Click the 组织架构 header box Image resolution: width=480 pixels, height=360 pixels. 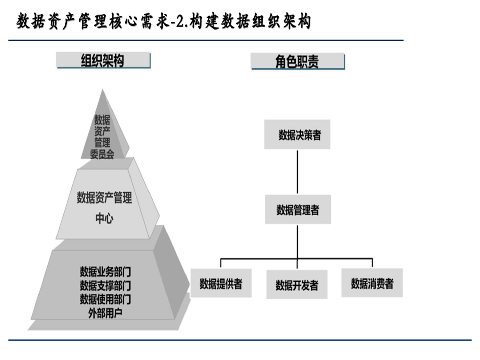(103, 61)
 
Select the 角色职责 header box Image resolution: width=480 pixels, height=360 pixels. (298, 62)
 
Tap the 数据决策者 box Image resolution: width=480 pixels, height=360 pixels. (298, 135)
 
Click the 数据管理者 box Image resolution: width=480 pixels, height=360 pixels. (298, 210)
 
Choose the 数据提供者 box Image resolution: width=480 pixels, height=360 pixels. (221, 284)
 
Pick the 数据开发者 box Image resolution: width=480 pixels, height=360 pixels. (297, 285)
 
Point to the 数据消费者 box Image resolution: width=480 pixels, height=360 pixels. (372, 284)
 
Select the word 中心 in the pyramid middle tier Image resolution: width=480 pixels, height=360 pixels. (104, 218)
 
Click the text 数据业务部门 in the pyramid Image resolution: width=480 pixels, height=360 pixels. (105, 272)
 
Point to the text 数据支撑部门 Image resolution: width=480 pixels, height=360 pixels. (105, 286)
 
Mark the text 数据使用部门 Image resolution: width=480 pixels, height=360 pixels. (105, 299)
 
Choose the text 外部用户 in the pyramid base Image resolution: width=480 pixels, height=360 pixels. (105, 313)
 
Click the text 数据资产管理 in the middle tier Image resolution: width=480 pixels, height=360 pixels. (104, 198)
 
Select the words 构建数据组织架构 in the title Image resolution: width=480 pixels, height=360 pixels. (250, 22)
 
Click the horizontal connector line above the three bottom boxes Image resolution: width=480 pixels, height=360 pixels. (260, 259)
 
